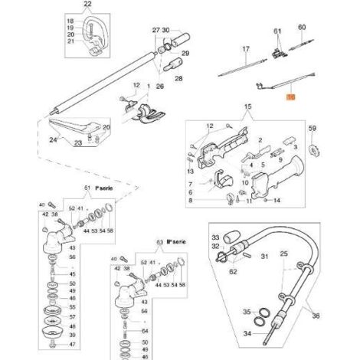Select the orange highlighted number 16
tap(290, 98)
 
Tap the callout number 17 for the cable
tap(246, 48)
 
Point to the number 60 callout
tap(301, 27)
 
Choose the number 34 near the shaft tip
tap(267, 334)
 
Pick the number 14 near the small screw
tap(277, 200)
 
